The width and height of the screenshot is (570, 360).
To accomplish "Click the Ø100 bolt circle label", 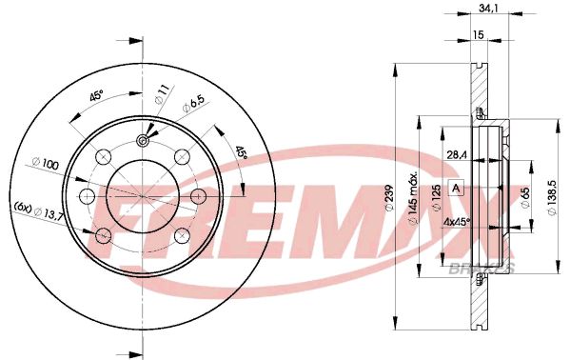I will (x=44, y=166).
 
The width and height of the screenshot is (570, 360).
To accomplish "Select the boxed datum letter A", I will (x=455, y=188).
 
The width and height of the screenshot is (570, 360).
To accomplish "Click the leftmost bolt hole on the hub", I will (x=88, y=196).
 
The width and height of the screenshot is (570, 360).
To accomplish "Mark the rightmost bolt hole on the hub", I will (x=199, y=196).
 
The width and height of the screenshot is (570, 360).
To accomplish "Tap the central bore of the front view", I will (x=144, y=196).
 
